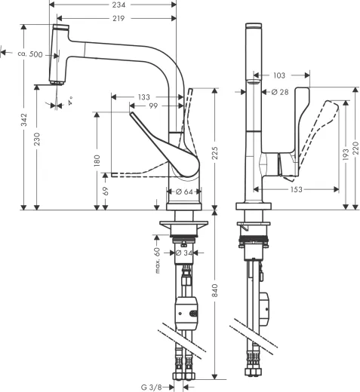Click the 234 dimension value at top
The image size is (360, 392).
point(118,5)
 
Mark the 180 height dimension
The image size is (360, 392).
point(96,161)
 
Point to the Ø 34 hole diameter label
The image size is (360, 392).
point(183,253)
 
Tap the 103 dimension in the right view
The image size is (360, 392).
point(279,75)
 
